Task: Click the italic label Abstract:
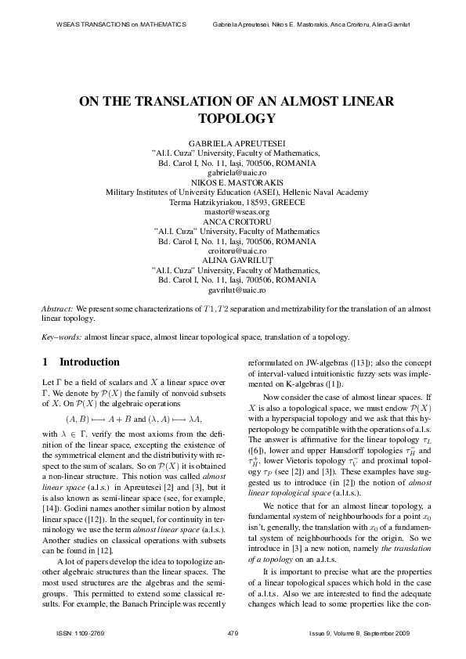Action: click(x=58, y=310)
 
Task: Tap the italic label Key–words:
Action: click(x=60, y=337)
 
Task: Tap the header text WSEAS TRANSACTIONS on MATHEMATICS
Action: click(x=122, y=24)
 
